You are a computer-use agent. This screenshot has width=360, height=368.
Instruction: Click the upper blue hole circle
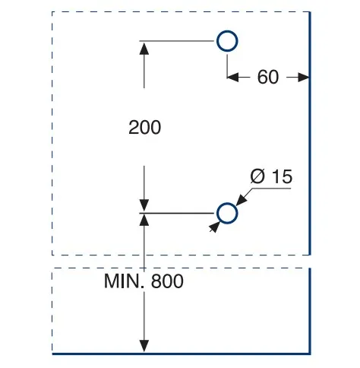[x=227, y=31]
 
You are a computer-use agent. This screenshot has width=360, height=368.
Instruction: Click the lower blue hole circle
[x=227, y=204]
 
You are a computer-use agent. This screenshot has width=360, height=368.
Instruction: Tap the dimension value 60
[x=268, y=77]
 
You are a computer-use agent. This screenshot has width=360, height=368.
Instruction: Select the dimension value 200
[x=144, y=127]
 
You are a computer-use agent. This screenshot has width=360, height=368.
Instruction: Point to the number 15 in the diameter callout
[x=283, y=176]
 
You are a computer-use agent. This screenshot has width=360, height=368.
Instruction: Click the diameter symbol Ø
[x=257, y=176]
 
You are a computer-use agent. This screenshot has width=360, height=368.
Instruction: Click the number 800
[x=167, y=281]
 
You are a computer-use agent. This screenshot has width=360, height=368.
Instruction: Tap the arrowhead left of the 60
[x=233, y=77]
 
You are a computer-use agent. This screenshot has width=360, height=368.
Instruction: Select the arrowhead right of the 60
[x=303, y=77]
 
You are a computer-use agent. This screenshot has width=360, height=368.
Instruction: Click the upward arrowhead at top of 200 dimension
[x=144, y=49]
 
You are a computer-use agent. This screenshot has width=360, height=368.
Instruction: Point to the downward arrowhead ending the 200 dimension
[x=144, y=205]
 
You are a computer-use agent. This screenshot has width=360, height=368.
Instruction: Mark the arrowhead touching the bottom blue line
[x=144, y=346]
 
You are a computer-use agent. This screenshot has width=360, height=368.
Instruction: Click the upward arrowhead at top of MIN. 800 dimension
[x=144, y=220]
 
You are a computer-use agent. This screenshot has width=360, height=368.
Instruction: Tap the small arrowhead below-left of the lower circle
[x=214, y=227]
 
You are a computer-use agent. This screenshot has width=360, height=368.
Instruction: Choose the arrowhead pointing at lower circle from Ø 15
[x=242, y=200]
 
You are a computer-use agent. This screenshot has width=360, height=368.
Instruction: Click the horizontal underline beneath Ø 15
[x=272, y=189]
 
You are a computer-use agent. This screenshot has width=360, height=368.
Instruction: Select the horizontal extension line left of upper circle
[x=177, y=41]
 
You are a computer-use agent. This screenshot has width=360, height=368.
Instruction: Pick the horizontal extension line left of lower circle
[x=177, y=213]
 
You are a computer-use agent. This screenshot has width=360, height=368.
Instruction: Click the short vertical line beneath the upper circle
[x=227, y=66]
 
